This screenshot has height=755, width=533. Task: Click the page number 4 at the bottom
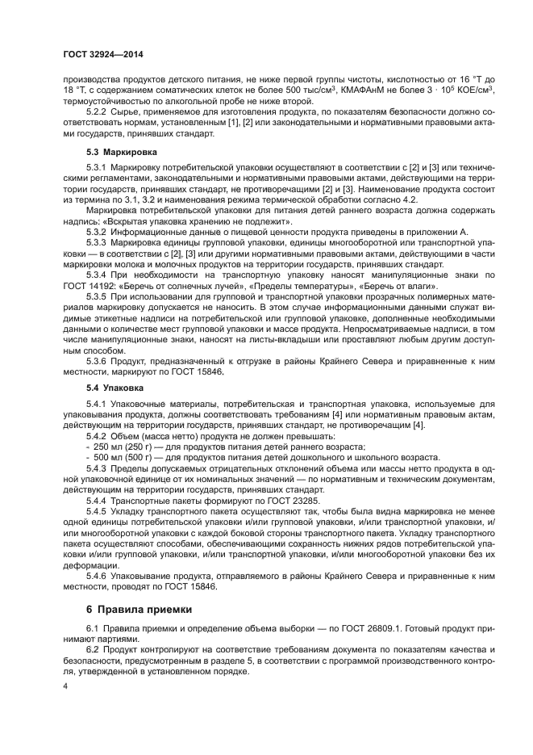[66, 686]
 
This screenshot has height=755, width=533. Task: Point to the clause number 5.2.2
[97, 111]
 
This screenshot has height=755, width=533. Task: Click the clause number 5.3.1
[97, 166]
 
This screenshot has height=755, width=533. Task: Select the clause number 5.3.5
[97, 297]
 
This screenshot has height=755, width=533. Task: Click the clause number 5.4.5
[97, 511]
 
